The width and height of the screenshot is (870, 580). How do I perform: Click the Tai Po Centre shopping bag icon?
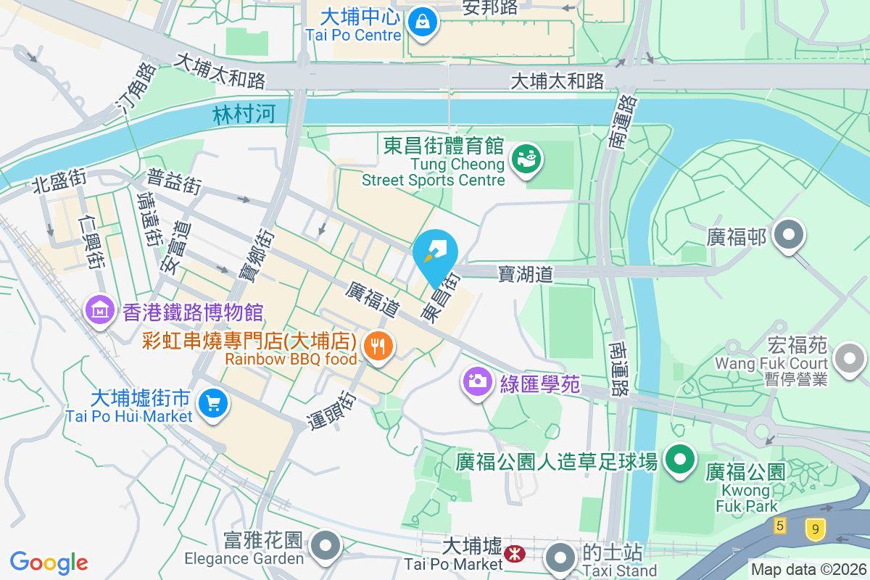(x=421, y=21)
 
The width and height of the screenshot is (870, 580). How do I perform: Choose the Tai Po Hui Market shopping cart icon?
(x=213, y=404)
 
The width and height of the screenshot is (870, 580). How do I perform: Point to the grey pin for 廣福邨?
(x=788, y=236)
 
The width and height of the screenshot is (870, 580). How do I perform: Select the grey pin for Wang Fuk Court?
(x=848, y=359)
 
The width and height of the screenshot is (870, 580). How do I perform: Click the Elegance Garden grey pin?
(x=326, y=546)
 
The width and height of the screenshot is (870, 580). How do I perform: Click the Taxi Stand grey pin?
(x=560, y=558)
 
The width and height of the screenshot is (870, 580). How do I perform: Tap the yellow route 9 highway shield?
(x=816, y=529)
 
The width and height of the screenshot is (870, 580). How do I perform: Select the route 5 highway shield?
(x=779, y=526)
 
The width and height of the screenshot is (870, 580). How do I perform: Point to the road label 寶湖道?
(x=526, y=273)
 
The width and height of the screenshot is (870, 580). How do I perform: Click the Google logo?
(x=49, y=562)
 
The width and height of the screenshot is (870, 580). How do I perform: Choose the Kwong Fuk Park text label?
(x=746, y=498)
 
